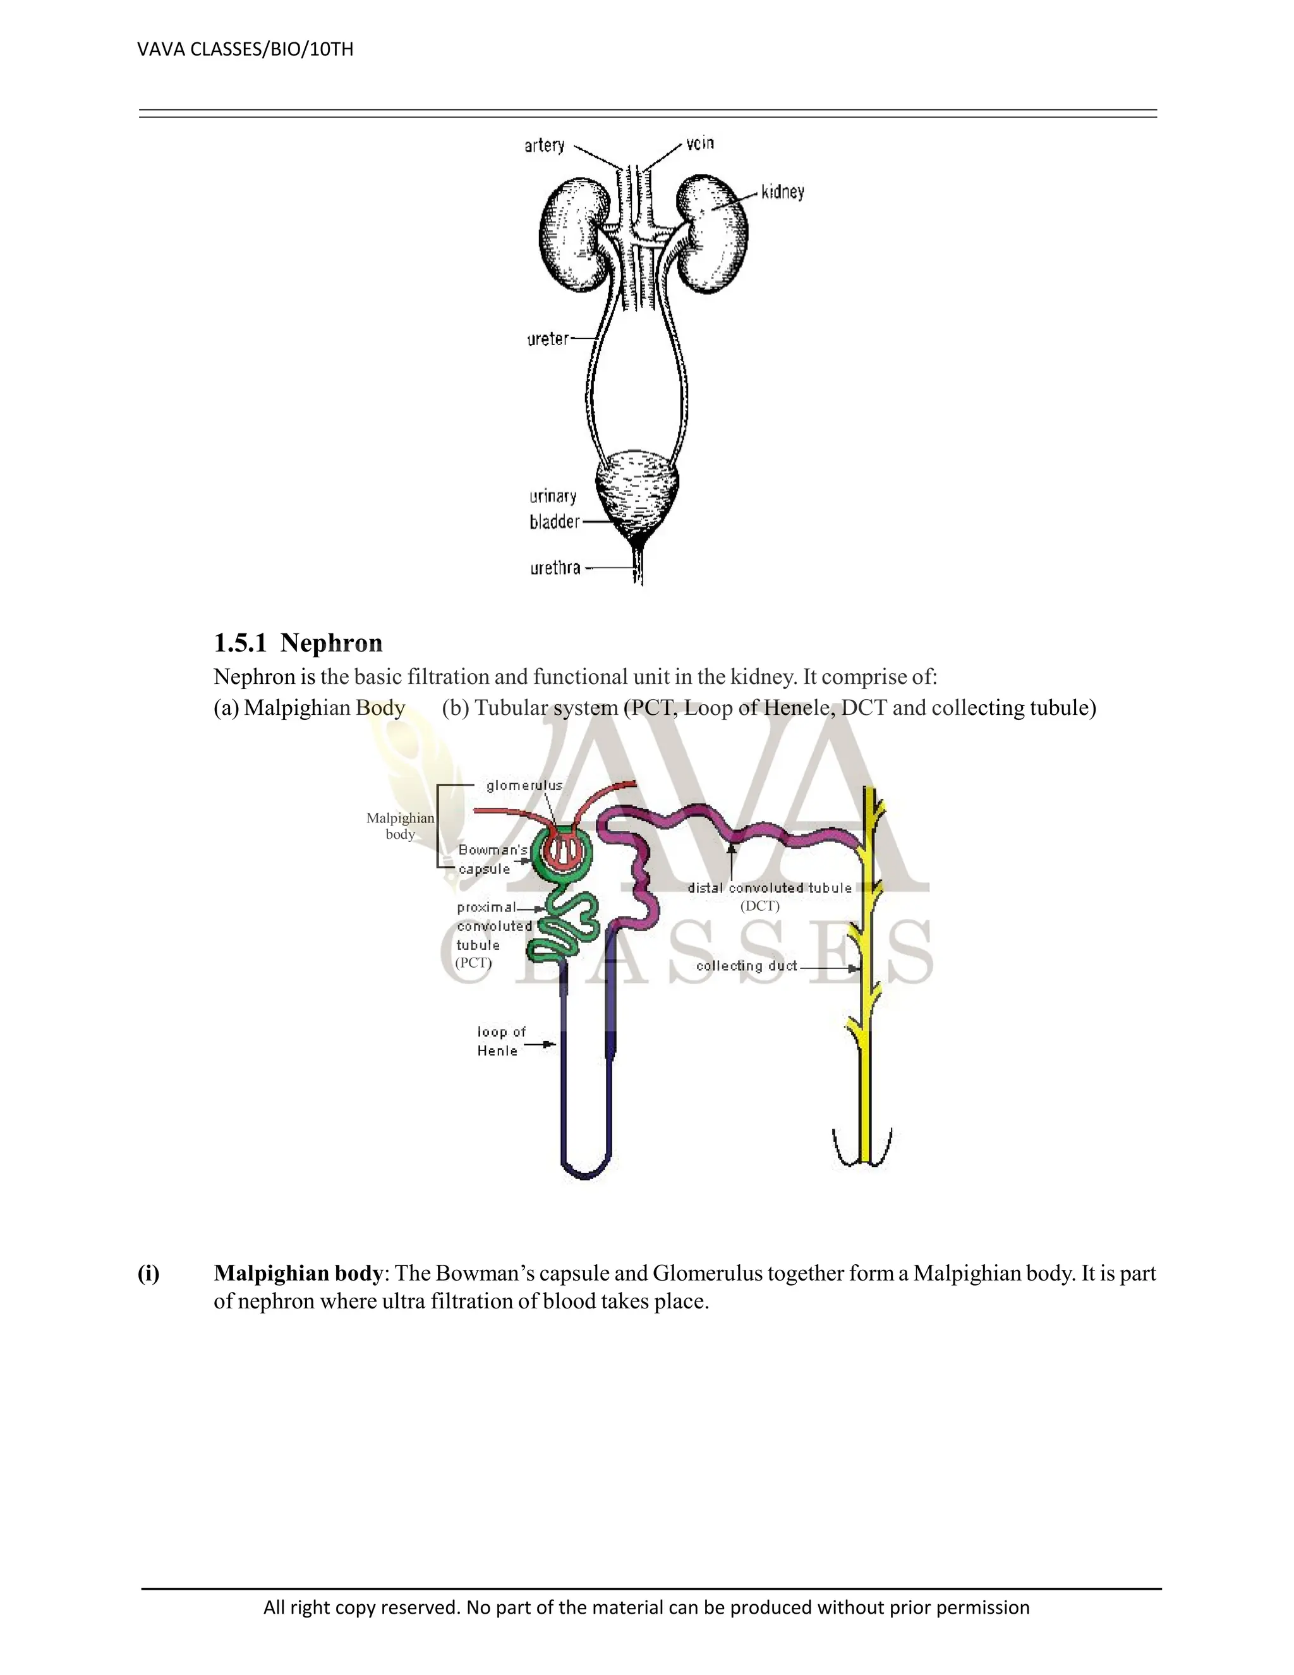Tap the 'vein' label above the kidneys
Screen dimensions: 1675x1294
[x=700, y=143]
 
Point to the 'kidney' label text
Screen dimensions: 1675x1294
[x=783, y=192]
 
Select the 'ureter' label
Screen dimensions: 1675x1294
[x=548, y=338]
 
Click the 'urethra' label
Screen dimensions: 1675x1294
[x=555, y=568]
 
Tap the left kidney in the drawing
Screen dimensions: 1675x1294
[x=574, y=234]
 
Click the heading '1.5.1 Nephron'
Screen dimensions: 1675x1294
[x=298, y=643]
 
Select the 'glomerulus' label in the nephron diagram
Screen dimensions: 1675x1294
[x=524, y=785]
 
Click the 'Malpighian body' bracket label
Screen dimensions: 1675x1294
[x=400, y=826]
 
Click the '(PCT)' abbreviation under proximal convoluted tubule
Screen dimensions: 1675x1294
[x=473, y=963]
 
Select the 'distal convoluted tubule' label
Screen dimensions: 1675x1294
[x=769, y=888]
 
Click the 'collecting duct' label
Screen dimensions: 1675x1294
[x=746, y=966]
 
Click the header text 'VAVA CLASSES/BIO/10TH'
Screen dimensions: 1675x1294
[x=245, y=50]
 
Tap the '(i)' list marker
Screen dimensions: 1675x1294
[x=148, y=1273]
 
